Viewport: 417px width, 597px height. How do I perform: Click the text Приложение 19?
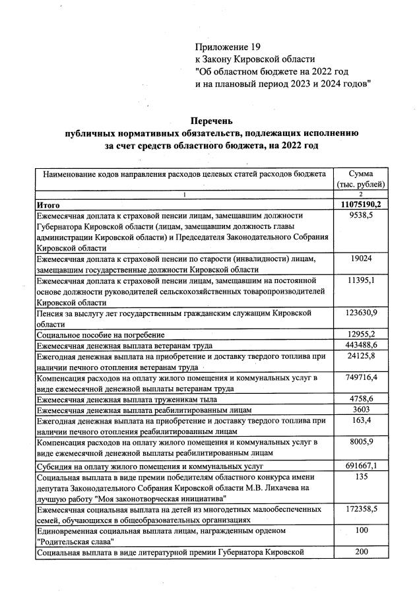(228, 47)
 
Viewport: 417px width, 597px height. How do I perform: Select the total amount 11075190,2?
(360, 204)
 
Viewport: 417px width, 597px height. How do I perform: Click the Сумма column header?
(360, 174)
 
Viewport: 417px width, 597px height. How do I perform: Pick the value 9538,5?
(361, 216)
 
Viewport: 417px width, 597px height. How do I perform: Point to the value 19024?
(361, 259)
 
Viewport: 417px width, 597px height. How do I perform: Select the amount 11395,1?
(361, 281)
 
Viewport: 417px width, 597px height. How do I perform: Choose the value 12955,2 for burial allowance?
(361, 334)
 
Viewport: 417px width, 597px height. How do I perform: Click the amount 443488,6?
(361, 345)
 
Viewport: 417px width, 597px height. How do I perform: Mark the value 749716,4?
(361, 378)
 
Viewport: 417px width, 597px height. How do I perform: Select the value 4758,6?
(361, 399)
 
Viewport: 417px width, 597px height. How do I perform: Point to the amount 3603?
(361, 410)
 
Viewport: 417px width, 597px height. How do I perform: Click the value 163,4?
(361, 421)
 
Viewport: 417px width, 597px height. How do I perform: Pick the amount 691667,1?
(361, 465)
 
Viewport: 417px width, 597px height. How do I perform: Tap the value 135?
(361, 476)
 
